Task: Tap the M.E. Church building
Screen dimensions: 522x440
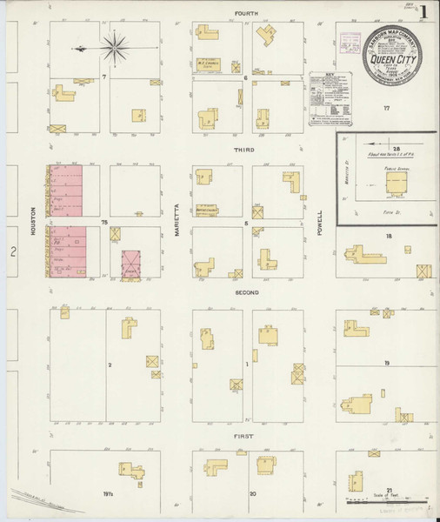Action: (206, 63)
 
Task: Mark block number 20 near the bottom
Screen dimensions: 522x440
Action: (252, 493)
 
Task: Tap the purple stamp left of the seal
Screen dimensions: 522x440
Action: (350, 42)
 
